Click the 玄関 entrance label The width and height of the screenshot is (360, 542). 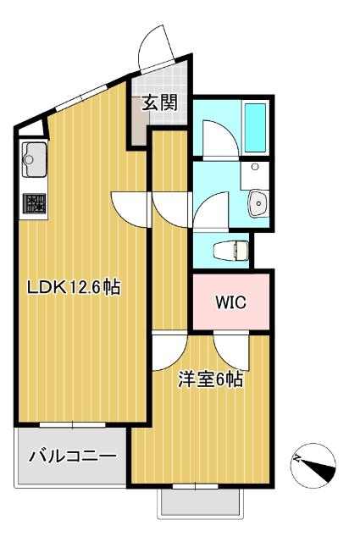click(x=158, y=103)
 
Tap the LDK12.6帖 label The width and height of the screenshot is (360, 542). click(x=74, y=287)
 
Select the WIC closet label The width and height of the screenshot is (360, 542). click(x=230, y=302)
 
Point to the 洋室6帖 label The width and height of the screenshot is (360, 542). click(x=211, y=379)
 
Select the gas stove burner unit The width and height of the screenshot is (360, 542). click(x=34, y=203)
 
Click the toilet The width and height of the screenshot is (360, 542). click(x=230, y=249)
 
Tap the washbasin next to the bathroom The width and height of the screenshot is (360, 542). click(x=258, y=202)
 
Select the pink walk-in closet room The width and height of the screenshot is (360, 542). click(x=230, y=302)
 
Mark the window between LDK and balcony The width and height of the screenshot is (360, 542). click(x=73, y=423)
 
